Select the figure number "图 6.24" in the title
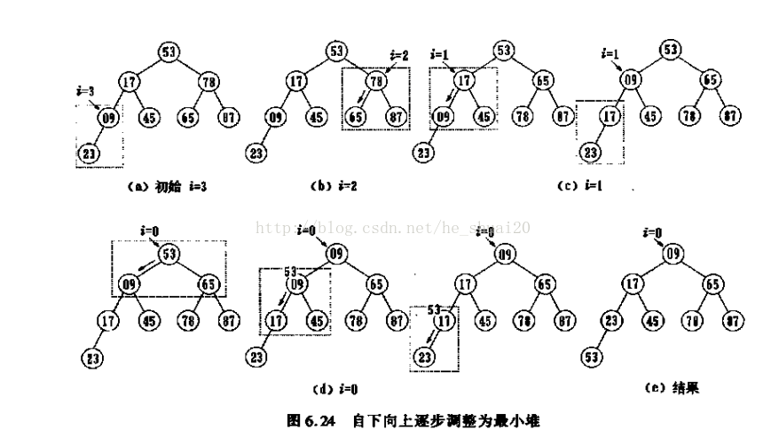pyautogui.click(x=311, y=420)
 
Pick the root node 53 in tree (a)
pyautogui.click(x=169, y=51)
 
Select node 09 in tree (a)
pyautogui.click(x=106, y=116)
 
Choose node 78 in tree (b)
pyautogui.click(x=375, y=82)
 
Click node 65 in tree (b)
pyautogui.click(x=356, y=116)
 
